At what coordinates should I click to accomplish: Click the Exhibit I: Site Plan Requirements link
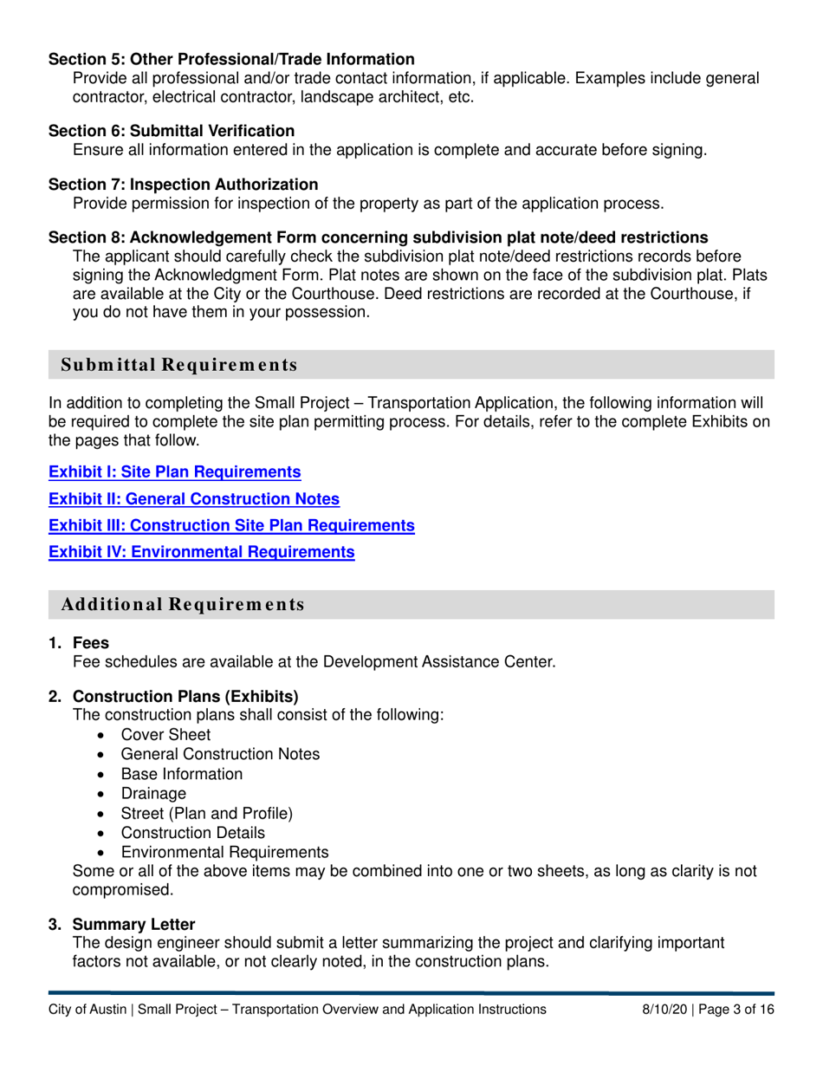click(x=174, y=472)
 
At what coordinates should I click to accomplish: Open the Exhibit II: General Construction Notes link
click(x=193, y=499)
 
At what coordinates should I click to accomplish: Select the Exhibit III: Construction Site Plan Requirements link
click(x=230, y=525)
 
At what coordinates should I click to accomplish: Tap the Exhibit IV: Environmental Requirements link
click(x=201, y=551)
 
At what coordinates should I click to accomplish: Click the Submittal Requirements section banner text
click(x=179, y=365)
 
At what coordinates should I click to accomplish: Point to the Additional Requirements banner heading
click(x=183, y=605)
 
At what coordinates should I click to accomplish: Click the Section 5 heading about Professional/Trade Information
click(x=230, y=60)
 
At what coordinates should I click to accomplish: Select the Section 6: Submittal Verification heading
click(x=171, y=131)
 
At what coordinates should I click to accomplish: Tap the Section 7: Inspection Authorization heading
click(x=183, y=185)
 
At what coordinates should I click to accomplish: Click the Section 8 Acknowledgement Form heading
click(x=377, y=237)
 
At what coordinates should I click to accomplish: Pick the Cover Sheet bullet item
click(x=165, y=734)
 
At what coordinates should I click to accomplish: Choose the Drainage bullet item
click(x=153, y=793)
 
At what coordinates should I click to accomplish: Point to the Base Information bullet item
click(x=182, y=774)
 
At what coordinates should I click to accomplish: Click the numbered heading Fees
click(x=90, y=643)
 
